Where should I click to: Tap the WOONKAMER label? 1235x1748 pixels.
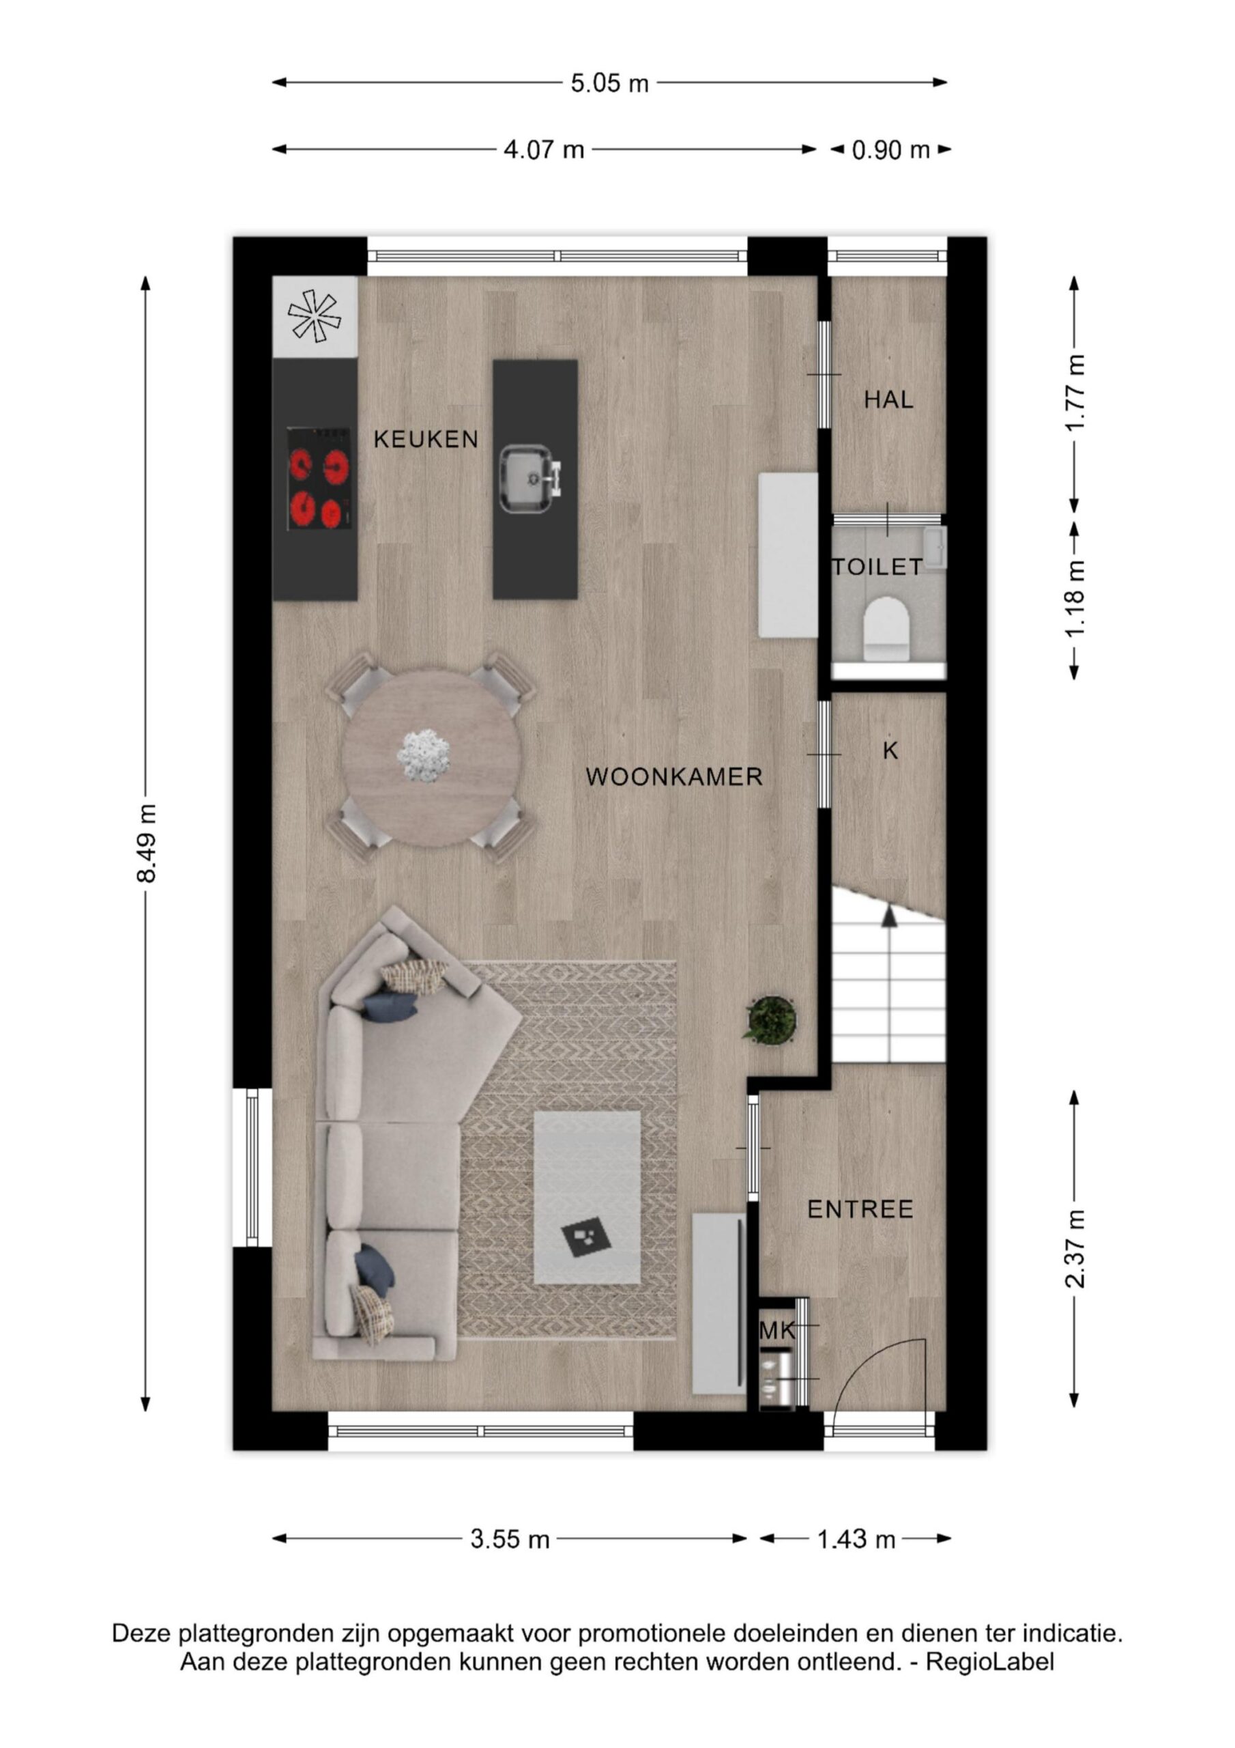(x=674, y=776)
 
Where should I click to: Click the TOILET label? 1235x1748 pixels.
(x=877, y=567)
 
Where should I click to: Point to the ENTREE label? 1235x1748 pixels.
(x=860, y=1209)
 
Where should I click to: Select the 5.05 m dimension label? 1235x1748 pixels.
(x=609, y=83)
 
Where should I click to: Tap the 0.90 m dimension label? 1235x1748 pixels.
(x=891, y=150)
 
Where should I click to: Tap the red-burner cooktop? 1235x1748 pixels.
(x=319, y=479)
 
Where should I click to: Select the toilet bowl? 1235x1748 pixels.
(x=887, y=628)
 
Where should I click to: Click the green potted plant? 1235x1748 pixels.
(x=771, y=1020)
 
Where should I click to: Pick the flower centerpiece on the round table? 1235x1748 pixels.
(x=424, y=754)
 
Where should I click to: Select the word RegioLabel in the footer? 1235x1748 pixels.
(x=990, y=1662)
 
